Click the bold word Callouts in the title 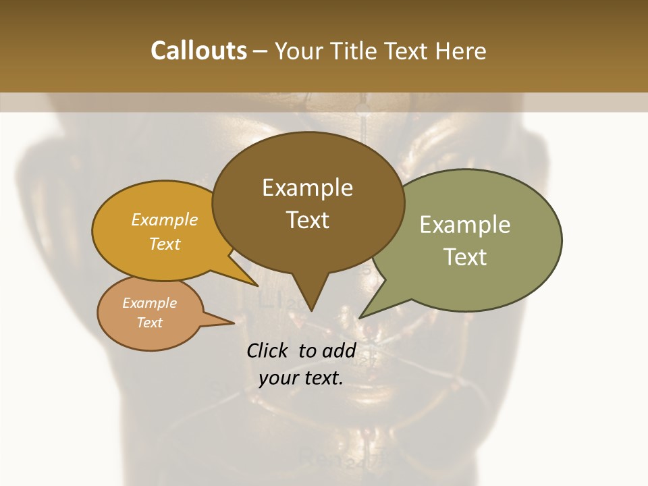coord(198,51)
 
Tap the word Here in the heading coord(461,51)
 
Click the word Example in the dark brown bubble coord(307,188)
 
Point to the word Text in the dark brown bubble coord(308,219)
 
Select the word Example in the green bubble coord(465,225)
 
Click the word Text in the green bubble coord(465,256)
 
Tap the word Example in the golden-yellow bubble coord(165,219)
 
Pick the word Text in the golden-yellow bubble coord(165,244)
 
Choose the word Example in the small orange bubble coord(149,303)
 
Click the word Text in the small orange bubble coord(149,322)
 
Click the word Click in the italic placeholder coord(269,350)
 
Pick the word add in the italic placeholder coord(339,350)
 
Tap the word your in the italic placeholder coord(277,378)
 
